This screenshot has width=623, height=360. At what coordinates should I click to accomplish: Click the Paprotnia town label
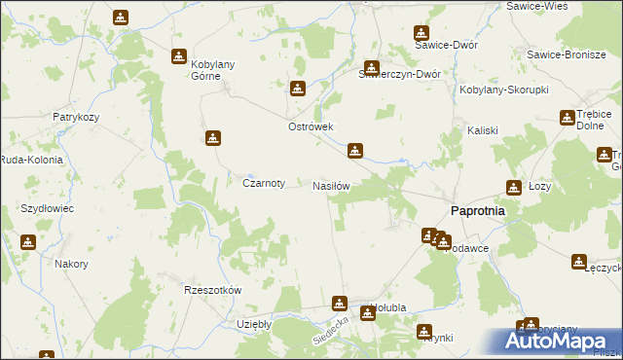click(x=476, y=212)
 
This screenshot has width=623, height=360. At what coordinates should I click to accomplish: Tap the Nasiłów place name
click(x=331, y=185)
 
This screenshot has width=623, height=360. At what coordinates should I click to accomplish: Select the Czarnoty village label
click(x=263, y=182)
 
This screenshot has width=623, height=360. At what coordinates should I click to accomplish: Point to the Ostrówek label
click(x=311, y=126)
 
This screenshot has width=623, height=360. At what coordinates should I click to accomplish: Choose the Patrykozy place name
click(x=78, y=117)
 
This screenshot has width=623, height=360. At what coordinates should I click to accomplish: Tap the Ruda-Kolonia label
click(x=31, y=160)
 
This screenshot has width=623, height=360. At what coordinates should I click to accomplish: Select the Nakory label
click(x=72, y=264)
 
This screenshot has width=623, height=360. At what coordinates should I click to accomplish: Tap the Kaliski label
click(x=483, y=130)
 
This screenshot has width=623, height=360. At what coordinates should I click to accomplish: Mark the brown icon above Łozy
click(x=513, y=187)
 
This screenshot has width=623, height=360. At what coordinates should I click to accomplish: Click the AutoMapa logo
click(x=559, y=341)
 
